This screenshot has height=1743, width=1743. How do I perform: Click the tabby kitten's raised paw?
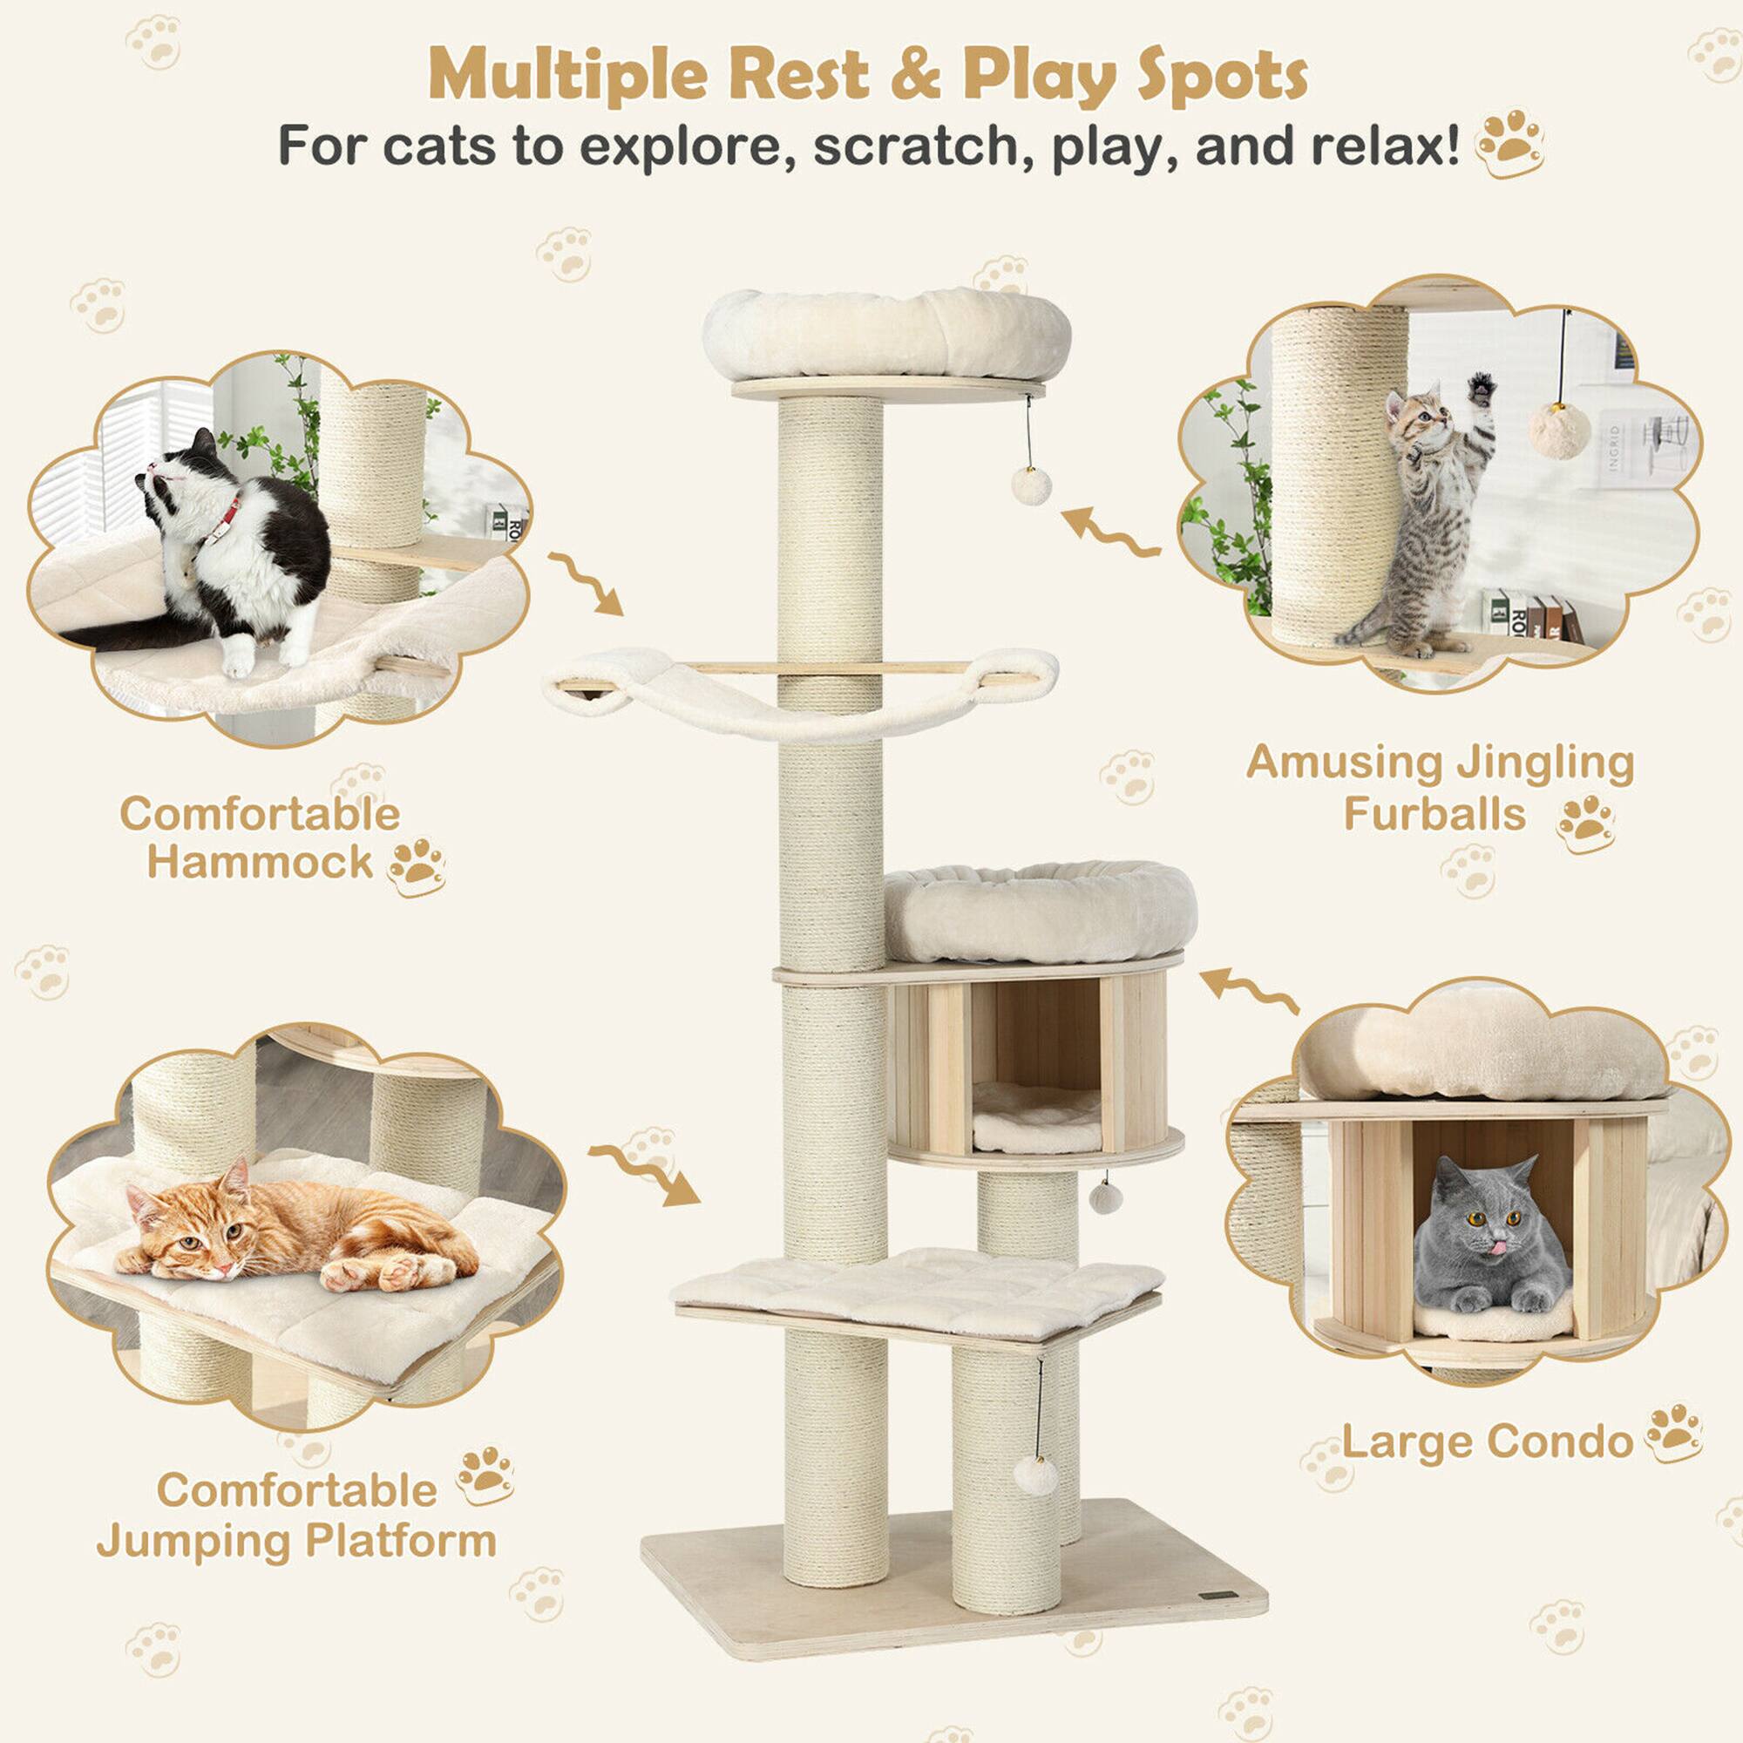[1482, 389]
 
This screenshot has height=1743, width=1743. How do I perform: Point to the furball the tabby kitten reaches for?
[1560, 431]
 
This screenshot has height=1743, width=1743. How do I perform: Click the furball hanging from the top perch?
[1030, 485]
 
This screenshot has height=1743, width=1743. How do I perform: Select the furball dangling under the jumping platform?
[1035, 1476]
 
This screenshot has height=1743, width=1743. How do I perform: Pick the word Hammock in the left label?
[260, 862]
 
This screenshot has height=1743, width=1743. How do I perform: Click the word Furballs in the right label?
[1434, 814]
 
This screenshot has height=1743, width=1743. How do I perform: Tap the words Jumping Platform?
[297, 1540]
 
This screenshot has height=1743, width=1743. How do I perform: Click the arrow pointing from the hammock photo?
[587, 583]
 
